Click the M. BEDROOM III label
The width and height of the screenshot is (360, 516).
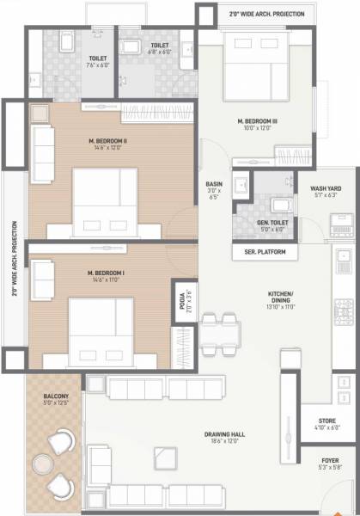[x=258, y=122]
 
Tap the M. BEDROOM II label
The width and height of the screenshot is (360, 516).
[x=107, y=141]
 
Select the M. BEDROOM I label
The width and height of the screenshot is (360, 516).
[x=107, y=273]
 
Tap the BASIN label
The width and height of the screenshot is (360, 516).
[x=214, y=186]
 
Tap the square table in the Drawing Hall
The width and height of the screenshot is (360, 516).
[x=159, y=456]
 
